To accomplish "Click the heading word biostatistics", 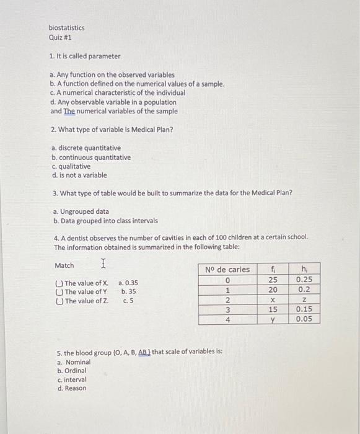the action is [67, 28].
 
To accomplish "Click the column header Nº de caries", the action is [227, 269].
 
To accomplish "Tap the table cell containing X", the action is [273, 299].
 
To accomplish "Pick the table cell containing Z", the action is [304, 299].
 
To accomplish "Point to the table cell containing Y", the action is [273, 320].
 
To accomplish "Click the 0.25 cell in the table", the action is [304, 279].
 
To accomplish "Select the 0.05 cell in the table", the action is [304, 320].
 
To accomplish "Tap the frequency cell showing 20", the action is [273, 290].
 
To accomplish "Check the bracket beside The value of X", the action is [59, 283].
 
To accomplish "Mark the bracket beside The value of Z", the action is [59, 301].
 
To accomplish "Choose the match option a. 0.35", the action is [128, 283].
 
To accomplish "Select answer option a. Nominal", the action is [73, 362].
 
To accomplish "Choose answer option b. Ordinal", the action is [71, 371].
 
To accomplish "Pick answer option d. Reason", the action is [71, 388].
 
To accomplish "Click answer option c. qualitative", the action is [71, 166].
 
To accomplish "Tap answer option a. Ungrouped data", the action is [81, 211].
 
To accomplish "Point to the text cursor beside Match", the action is [103, 264].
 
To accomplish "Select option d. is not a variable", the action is [80, 175].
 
